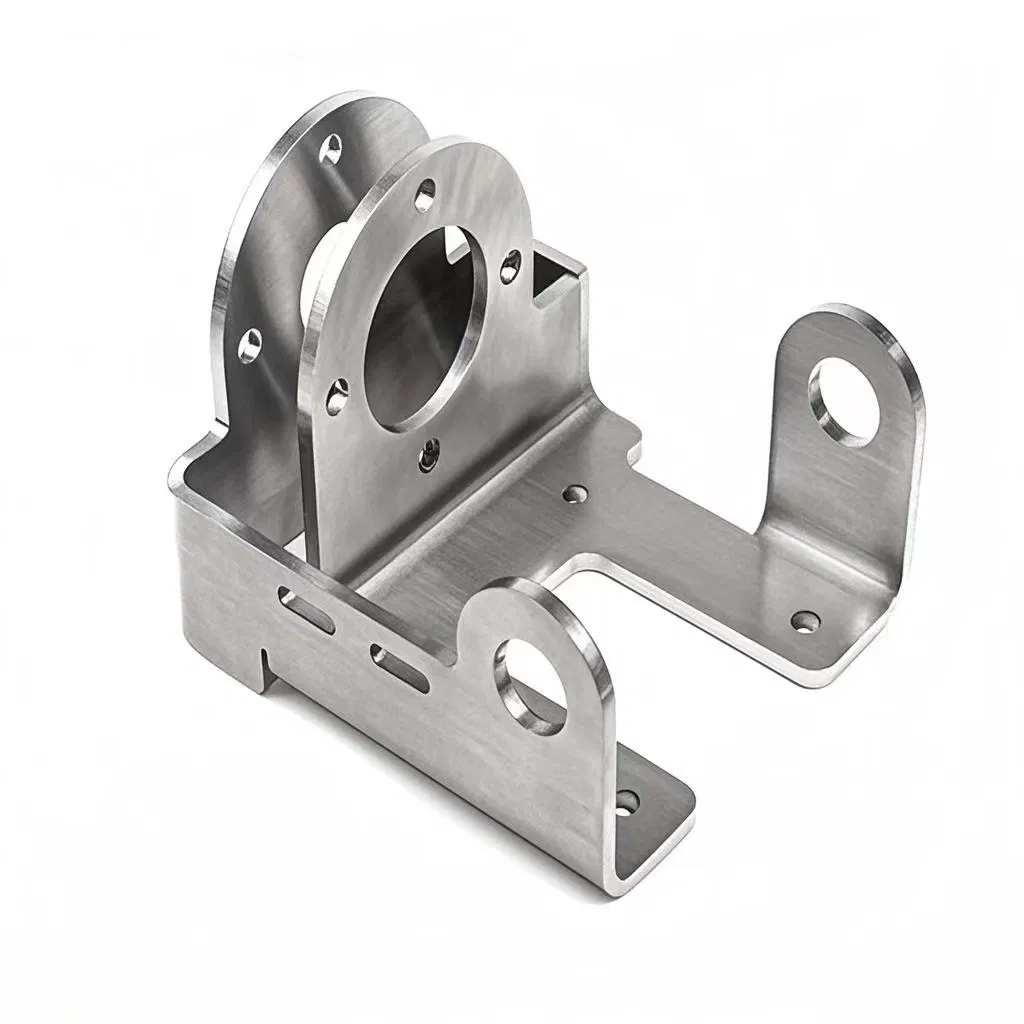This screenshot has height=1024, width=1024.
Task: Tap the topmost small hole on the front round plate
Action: [x=426, y=194]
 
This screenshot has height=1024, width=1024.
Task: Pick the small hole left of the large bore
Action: [x=338, y=395]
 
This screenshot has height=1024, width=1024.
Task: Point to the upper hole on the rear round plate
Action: [x=330, y=150]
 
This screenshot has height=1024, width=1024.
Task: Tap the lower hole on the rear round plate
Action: [x=249, y=345]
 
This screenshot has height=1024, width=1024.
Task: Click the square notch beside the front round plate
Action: [x=553, y=274]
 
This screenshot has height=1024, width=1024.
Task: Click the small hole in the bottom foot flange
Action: [x=626, y=801]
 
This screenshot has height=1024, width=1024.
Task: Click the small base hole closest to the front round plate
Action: [x=575, y=493]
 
